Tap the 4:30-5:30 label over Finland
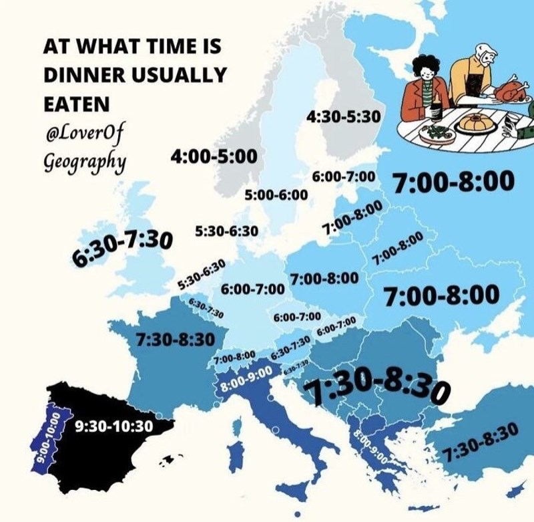tap(343, 116)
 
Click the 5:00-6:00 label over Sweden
tap(276, 195)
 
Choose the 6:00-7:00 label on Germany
tap(252, 290)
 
